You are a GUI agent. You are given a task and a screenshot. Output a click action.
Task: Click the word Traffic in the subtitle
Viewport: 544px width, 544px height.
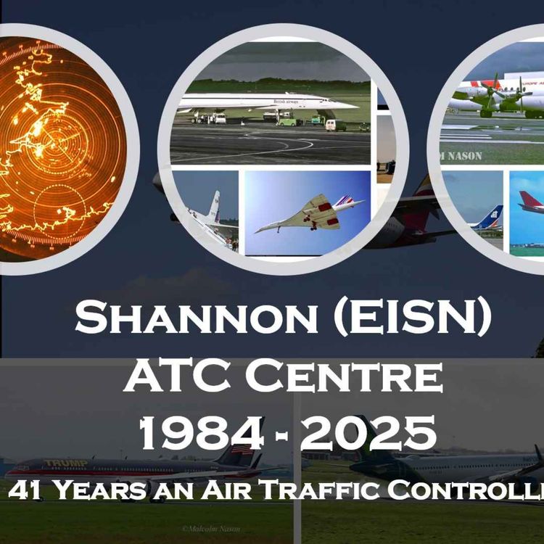click(318, 490)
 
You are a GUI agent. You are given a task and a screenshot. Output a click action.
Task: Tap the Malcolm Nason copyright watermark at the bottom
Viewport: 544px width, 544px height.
click(210, 529)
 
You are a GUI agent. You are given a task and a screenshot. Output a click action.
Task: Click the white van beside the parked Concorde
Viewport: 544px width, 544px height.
click(335, 125)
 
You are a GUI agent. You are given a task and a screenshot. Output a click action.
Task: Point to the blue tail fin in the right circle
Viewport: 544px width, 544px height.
click(495, 216)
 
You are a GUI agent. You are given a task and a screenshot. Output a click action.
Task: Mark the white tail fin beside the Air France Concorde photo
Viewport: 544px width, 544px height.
click(214, 207)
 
